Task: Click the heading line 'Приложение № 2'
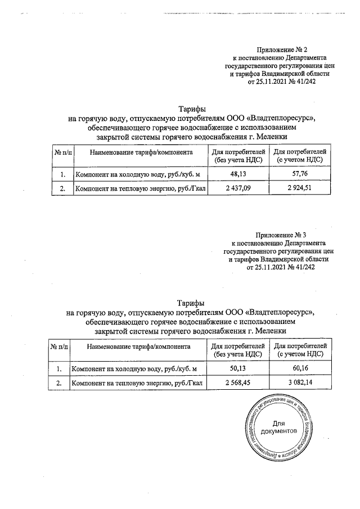click(x=280, y=50)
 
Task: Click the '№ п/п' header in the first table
click(x=61, y=152)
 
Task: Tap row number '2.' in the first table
click(x=62, y=188)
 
